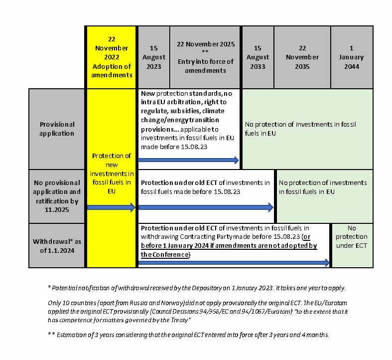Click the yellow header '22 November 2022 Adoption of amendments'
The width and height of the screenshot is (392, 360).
coord(112,57)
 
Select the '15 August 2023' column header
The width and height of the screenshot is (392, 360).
coord(153,57)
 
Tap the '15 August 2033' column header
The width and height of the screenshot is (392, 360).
coord(257,57)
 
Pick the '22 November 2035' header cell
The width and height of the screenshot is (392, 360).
coord(302,57)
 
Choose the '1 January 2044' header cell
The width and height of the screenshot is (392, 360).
coord(351,57)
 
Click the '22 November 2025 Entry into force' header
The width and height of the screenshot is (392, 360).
coord(205,57)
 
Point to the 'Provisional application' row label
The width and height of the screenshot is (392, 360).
coord(57,129)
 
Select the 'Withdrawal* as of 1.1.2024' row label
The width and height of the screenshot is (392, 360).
coord(57,245)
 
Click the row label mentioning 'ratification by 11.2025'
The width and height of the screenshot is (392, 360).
coord(57,196)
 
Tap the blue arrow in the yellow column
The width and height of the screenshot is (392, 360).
coord(111,207)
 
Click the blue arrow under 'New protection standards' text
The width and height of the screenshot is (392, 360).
coord(188,160)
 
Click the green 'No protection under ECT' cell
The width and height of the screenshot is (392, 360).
coord(351,237)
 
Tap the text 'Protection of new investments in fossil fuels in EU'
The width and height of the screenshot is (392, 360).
coord(111,173)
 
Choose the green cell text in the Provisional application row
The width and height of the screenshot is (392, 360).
coord(300,129)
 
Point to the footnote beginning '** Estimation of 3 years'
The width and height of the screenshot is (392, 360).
coord(188,335)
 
